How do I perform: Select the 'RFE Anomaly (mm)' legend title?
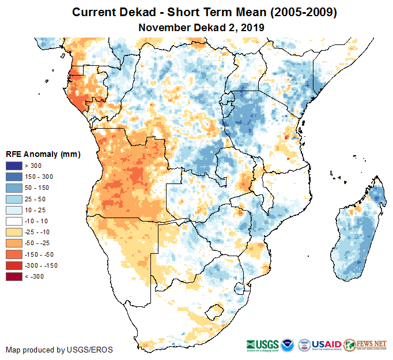tap(43, 155)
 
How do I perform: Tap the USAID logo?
tap(327, 344)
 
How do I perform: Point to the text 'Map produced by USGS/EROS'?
tap(59, 350)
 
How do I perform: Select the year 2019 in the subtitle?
tap(252, 27)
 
